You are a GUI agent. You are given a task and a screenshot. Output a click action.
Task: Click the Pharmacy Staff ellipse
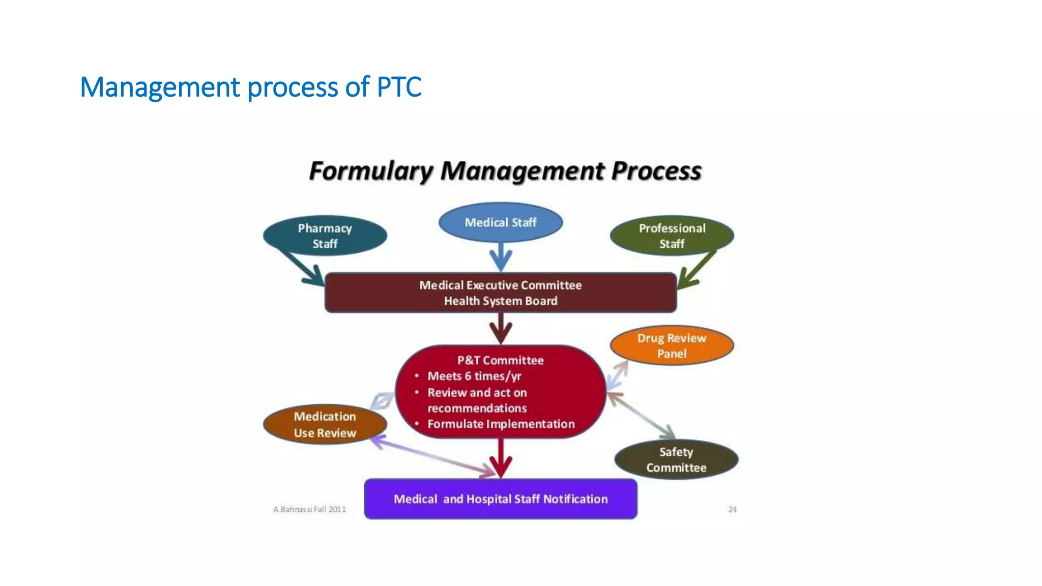point(325,236)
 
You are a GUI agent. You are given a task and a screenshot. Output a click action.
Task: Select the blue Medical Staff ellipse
point(501,222)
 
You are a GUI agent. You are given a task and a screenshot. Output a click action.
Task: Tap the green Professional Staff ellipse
point(672,236)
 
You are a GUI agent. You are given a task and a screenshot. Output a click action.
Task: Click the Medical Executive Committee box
point(501,292)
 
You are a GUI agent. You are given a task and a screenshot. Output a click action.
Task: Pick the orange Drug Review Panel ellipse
point(672,345)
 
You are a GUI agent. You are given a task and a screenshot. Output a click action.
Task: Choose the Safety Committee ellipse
point(676,459)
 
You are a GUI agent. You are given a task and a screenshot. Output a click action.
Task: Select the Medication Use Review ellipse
point(325,424)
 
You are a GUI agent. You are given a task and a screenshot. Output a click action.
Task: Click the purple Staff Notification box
point(501,499)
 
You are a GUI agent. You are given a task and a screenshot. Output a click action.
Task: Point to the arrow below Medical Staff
point(501,257)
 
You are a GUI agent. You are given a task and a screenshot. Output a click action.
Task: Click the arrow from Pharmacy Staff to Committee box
point(303,269)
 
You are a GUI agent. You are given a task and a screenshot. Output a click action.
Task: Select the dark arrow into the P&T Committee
point(501,329)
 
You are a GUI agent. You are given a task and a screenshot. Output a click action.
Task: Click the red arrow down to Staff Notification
point(501,458)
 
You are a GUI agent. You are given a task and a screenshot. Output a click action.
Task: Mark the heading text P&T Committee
point(500,360)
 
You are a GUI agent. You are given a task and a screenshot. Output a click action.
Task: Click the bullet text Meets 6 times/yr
point(474,376)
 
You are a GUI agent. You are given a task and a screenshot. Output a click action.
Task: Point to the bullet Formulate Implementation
point(501,424)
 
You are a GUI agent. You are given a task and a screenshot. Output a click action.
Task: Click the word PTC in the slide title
point(399,87)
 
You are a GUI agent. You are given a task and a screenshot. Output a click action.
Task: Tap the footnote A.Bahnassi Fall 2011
point(309,509)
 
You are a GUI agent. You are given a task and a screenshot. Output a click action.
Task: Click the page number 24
point(732,509)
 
